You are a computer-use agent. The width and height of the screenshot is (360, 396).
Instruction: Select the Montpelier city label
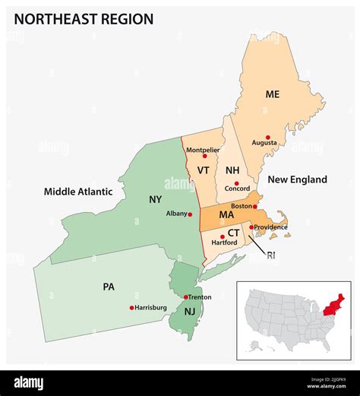[x=203, y=150]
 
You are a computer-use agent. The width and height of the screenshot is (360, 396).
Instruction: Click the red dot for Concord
[x=236, y=183]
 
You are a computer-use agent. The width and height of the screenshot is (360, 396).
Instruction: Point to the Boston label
[x=242, y=205]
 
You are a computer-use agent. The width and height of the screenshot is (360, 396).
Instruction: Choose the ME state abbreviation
[x=273, y=94]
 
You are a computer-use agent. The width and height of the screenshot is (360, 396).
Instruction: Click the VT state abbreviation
[x=203, y=170]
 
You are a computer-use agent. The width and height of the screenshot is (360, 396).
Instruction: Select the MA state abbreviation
[x=226, y=215]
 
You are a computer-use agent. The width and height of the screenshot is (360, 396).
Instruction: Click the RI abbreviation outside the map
[x=271, y=255]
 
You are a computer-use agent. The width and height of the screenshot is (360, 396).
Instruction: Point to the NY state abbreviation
[x=155, y=200]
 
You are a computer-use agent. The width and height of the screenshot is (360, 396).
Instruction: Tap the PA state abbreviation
[x=109, y=287]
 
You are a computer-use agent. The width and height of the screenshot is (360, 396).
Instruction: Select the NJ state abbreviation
[x=189, y=312]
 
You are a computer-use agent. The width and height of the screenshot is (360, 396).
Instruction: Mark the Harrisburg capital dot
[x=131, y=308]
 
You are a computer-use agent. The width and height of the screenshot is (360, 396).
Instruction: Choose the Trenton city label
[x=200, y=296]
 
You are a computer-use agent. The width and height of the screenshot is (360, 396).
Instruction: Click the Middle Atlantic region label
[x=78, y=192]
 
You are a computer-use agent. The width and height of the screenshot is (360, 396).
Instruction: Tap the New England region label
[x=297, y=179]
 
